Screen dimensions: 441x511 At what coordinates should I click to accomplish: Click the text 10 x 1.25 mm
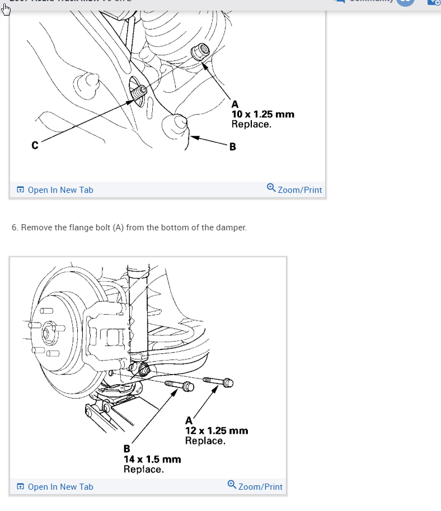click(262, 114)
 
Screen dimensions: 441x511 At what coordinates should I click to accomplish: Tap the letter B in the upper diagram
click(232, 147)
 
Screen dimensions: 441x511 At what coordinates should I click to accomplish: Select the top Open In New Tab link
click(55, 190)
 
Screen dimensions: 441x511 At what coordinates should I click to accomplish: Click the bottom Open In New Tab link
click(55, 487)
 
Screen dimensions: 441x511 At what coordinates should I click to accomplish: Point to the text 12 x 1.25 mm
click(217, 430)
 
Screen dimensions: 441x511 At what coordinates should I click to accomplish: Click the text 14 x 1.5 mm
click(152, 459)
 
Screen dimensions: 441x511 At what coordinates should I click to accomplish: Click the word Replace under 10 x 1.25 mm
click(251, 124)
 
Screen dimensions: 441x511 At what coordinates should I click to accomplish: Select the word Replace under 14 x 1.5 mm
click(143, 469)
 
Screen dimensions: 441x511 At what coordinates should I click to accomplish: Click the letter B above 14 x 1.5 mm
click(126, 448)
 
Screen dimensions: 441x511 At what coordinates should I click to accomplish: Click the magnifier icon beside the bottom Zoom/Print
click(232, 485)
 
